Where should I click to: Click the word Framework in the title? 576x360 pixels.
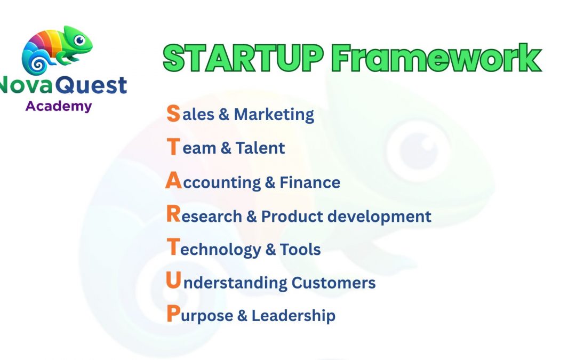point(437,59)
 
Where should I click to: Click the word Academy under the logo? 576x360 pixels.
point(59,106)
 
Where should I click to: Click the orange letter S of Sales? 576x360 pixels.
point(173,114)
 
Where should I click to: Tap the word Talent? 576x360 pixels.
point(260,148)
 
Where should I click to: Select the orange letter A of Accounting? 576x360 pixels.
point(173,181)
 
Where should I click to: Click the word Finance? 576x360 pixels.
point(310,182)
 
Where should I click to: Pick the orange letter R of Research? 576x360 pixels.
point(173,215)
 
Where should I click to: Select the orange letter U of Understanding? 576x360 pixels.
point(173,281)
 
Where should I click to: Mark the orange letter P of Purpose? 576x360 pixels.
point(173,315)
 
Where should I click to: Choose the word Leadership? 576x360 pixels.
point(293,315)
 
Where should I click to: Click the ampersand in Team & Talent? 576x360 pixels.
point(226,148)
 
